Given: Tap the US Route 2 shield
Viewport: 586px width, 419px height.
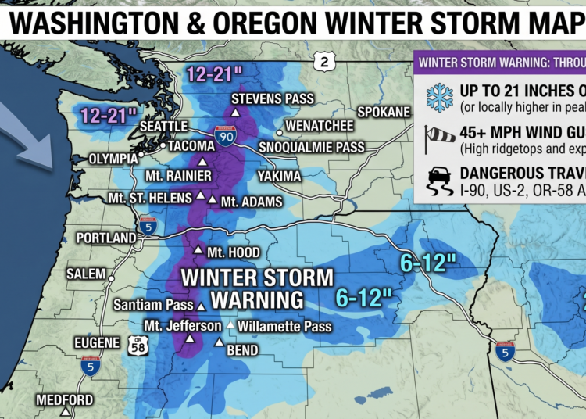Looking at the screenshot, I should pyautogui.click(x=322, y=60).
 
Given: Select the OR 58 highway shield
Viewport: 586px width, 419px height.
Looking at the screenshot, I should pyautogui.click(x=138, y=346).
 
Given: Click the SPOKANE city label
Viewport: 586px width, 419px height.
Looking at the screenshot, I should pyautogui.click(x=384, y=112).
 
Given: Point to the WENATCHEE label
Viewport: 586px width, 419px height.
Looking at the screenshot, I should pyautogui.click(x=320, y=125).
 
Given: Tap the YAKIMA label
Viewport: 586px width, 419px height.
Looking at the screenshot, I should pyautogui.click(x=279, y=176).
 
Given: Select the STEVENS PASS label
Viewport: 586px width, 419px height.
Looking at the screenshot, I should pyautogui.click(x=272, y=98).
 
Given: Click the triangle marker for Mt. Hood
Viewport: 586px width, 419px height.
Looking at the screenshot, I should pyautogui.click(x=198, y=252).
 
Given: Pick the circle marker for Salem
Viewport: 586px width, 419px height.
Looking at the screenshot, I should pyautogui.click(x=111, y=278).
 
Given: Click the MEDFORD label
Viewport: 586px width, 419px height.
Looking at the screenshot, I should pyautogui.click(x=64, y=400).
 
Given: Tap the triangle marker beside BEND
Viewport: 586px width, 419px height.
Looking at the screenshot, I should pyautogui.click(x=220, y=342).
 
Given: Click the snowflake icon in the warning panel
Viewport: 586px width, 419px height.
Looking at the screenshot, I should pyautogui.click(x=438, y=96).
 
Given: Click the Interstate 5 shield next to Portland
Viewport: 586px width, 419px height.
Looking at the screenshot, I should pyautogui.click(x=148, y=227).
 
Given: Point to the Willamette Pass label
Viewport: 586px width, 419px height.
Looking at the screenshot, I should pyautogui.click(x=284, y=326).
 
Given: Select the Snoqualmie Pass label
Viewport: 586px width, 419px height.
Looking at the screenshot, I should pyautogui.click(x=311, y=147).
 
